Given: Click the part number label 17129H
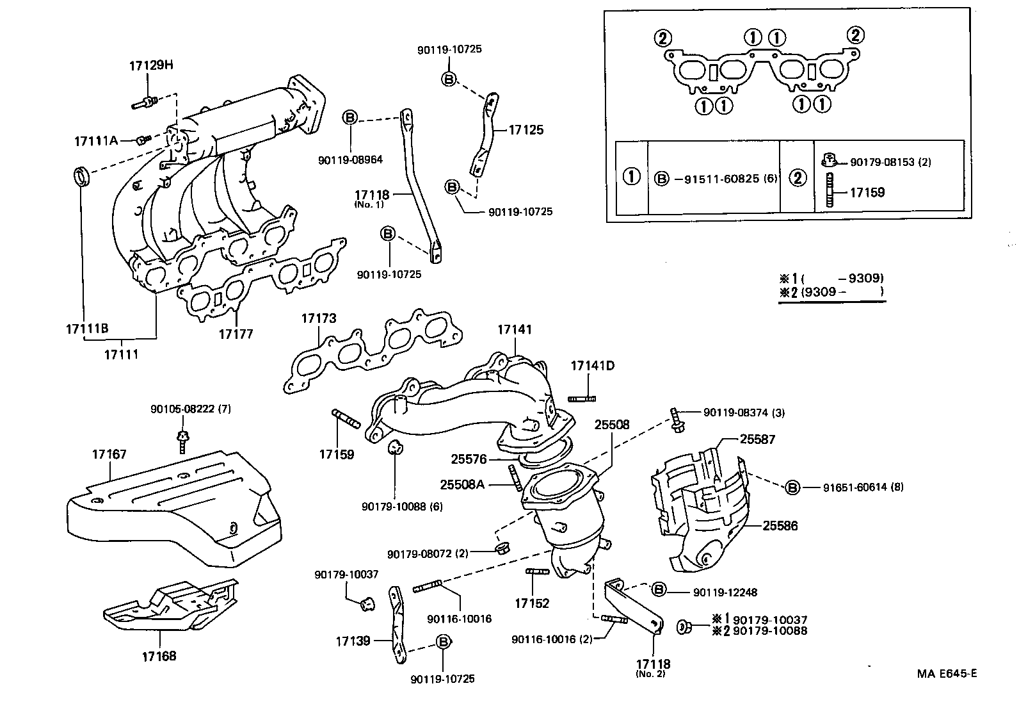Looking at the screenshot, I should pos(151,65).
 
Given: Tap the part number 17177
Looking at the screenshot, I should pos(236,334).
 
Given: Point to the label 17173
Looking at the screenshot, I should pos(318,318).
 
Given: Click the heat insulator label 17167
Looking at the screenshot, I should pos(109,454).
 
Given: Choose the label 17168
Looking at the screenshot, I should pos(159,656).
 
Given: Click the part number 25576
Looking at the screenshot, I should pos(469,459).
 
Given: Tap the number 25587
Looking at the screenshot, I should pos(757,439).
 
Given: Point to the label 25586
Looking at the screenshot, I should pos(780,526).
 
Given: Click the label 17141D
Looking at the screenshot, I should pos(592,366).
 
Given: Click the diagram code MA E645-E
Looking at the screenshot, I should pos(947,673).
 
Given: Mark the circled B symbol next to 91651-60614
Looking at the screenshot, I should pos(792,487).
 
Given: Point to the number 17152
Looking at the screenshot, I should pos(532,603).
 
